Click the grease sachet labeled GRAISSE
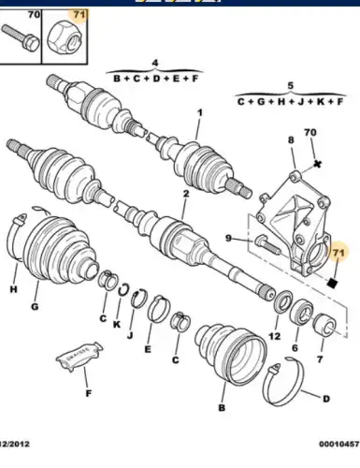click(x=80, y=357)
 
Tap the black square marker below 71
click(x=332, y=283)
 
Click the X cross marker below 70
click(x=317, y=164)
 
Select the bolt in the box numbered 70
click(x=21, y=38)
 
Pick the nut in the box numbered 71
click(x=65, y=38)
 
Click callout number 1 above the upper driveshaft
click(x=200, y=112)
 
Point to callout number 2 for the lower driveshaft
click(x=186, y=194)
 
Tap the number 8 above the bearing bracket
click(x=291, y=139)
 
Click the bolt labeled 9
click(x=268, y=245)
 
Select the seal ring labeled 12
click(x=283, y=301)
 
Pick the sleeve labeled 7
click(x=324, y=325)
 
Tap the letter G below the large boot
click(x=35, y=306)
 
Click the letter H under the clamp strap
click(x=13, y=289)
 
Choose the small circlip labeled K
click(x=123, y=289)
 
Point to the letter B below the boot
click(x=222, y=407)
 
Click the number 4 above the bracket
click(x=155, y=63)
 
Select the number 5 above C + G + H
click(x=290, y=85)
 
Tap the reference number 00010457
click(x=339, y=444)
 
